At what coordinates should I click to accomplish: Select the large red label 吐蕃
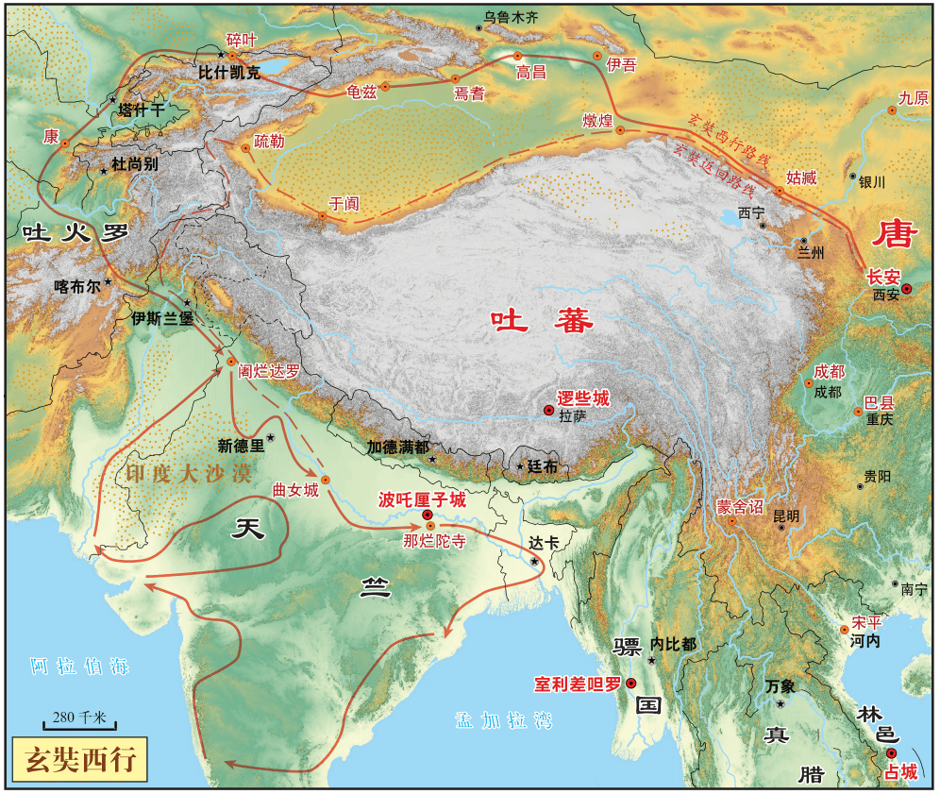tap(542, 322)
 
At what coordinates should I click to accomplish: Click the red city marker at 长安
tap(907, 289)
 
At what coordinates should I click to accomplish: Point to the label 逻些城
tap(583, 398)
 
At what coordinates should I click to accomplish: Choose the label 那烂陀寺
tap(433, 541)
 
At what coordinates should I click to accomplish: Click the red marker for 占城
tap(892, 752)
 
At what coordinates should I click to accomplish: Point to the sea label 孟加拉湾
tap(490, 720)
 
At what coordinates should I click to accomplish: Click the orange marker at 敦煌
tap(620, 130)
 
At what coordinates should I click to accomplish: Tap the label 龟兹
tap(362, 92)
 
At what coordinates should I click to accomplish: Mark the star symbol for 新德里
tap(271, 437)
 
